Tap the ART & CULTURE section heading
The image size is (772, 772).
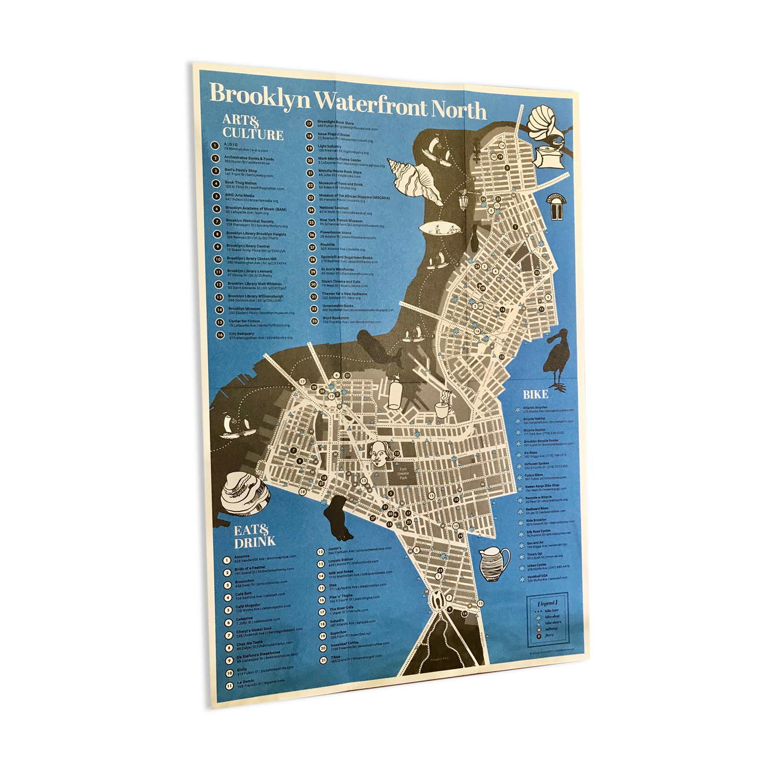252,127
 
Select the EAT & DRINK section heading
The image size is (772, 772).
255,535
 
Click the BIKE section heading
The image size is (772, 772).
535,394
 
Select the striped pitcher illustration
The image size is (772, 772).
493,564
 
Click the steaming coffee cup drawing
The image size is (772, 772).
443,407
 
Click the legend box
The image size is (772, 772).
547,620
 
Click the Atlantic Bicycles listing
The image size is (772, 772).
546,409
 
